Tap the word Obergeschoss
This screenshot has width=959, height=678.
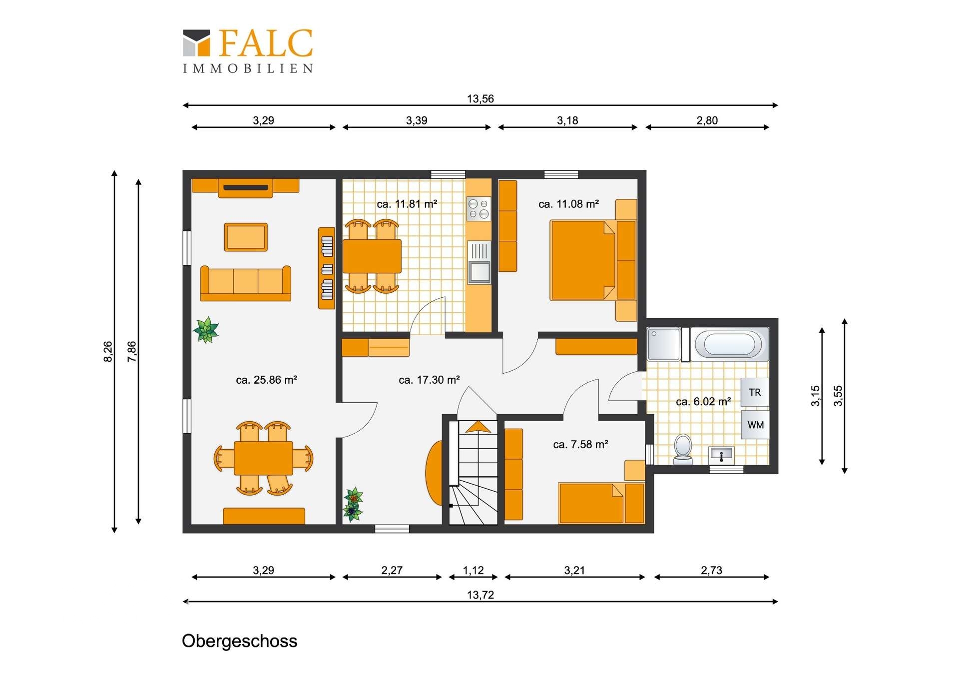coord(239,641)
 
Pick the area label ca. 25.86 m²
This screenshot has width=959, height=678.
coord(266,380)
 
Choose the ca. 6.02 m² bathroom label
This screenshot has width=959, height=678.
coord(703,401)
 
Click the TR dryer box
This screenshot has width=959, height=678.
coord(755,392)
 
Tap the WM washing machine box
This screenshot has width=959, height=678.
coord(755,425)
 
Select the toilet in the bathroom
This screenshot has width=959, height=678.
coord(683,449)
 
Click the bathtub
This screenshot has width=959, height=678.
coord(730,344)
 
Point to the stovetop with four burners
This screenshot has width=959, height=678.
coord(479,209)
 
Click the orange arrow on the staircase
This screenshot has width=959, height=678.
coord(478,426)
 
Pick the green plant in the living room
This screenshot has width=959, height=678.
coord(206,330)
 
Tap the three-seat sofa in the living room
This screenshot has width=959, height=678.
coord(245,283)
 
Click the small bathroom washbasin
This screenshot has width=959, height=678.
coord(721,455)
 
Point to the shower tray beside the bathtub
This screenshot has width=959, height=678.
coord(663,344)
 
